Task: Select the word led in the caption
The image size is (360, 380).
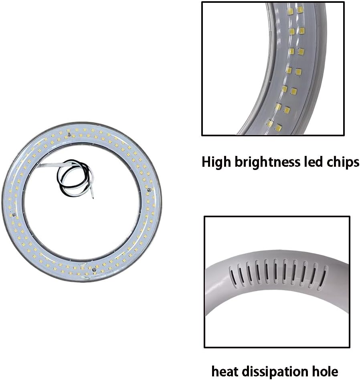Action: [313, 162]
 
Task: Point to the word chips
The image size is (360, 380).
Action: [343, 162]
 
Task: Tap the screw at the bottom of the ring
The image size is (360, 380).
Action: [94, 269]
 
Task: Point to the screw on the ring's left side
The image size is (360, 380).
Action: [14, 214]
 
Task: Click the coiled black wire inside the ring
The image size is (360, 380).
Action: [74, 177]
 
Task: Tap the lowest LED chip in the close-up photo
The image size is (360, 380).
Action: [279, 127]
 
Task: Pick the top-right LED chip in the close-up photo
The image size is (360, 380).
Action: [300, 10]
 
